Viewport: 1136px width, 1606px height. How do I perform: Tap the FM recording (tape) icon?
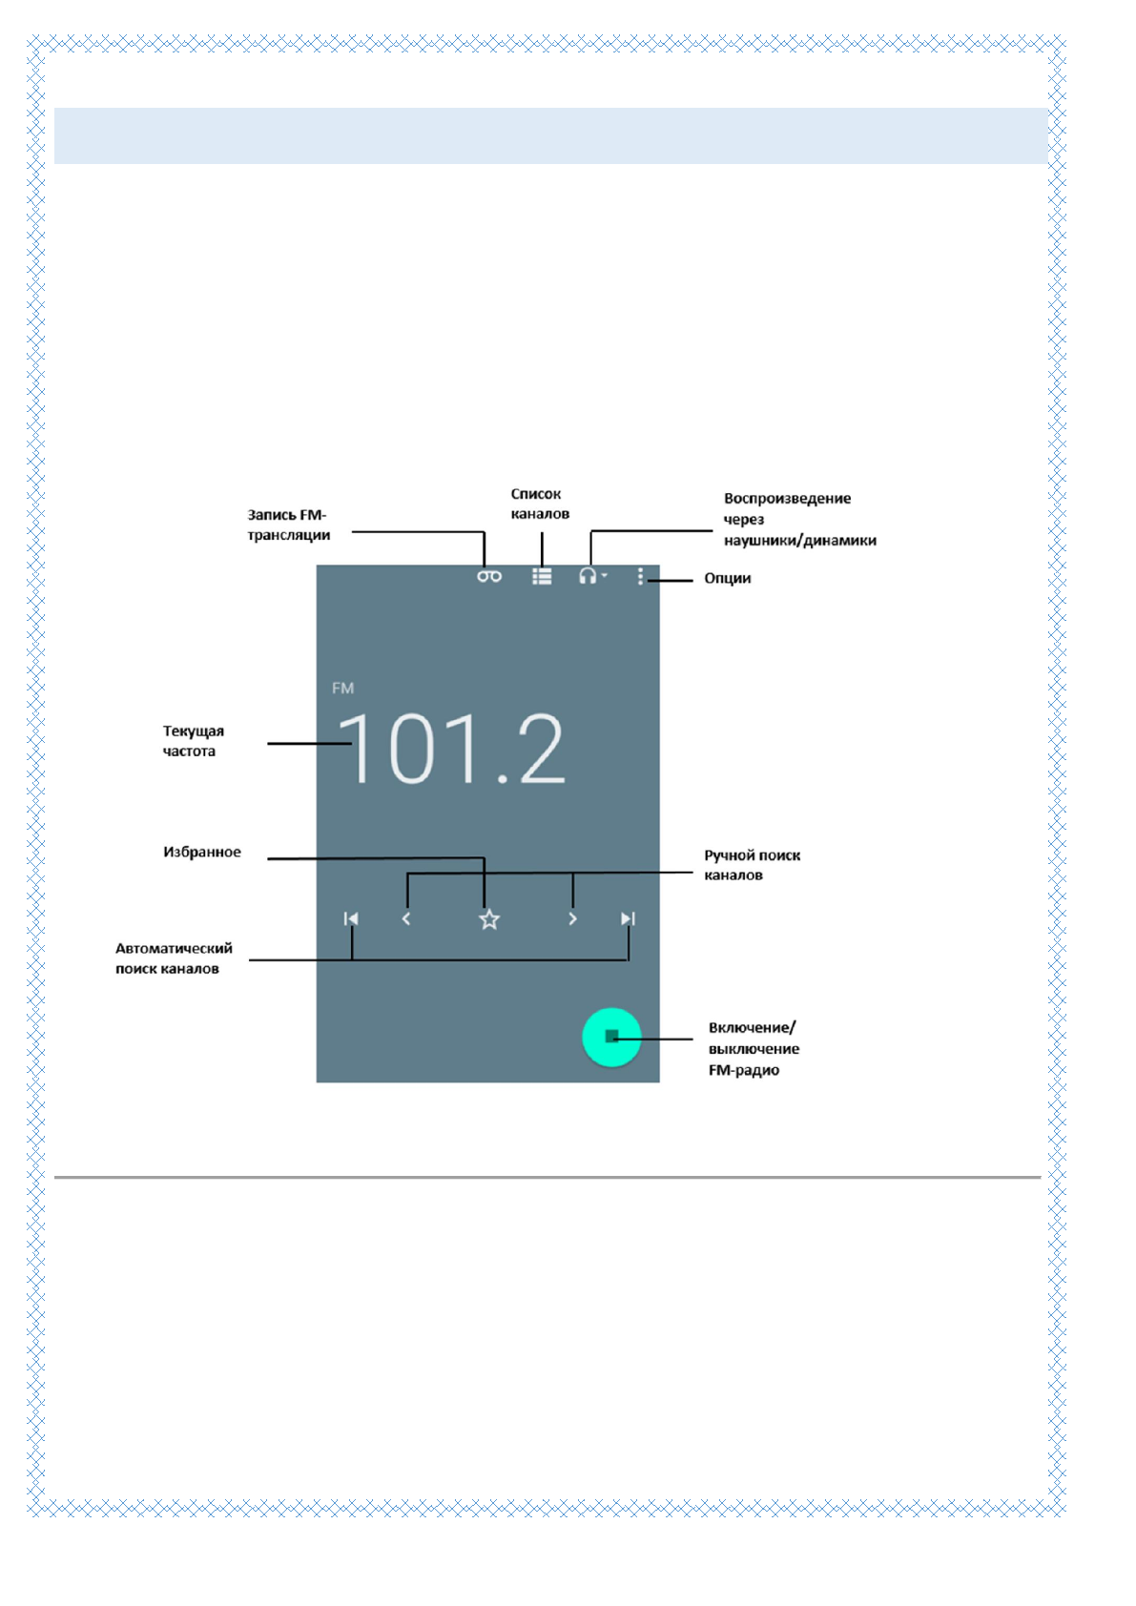point(489,576)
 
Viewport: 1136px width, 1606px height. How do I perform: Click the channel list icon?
point(542,576)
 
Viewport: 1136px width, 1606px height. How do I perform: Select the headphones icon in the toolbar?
point(589,575)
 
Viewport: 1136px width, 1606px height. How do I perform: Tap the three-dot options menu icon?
point(640,576)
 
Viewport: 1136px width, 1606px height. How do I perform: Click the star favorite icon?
point(489,919)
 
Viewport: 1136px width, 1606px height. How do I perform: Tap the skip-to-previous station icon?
point(351,918)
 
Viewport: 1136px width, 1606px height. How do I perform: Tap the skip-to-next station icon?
point(628,918)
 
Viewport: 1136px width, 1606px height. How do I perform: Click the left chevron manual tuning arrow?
point(406,918)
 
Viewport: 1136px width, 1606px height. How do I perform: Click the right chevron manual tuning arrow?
point(572,918)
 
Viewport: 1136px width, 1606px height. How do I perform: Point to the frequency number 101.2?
point(452,750)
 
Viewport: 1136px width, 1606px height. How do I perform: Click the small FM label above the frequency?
point(342,688)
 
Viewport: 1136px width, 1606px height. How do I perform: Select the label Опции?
point(727,578)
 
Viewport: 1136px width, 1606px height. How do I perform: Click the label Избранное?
point(201,852)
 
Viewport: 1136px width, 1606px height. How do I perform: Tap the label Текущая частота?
point(193,741)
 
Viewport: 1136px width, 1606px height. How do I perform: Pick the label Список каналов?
point(539,504)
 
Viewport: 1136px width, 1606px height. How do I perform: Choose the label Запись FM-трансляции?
point(288,525)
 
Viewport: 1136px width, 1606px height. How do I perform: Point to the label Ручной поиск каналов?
point(752,865)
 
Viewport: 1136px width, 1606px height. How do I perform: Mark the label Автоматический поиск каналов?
point(174,958)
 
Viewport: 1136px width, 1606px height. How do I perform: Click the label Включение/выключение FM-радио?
point(754,1048)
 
